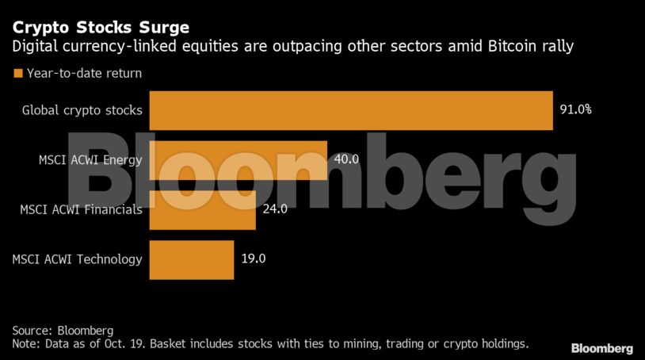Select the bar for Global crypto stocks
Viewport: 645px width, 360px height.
tap(350, 110)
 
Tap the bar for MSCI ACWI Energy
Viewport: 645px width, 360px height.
tap(238, 160)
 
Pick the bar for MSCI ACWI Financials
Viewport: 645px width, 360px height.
tap(202, 209)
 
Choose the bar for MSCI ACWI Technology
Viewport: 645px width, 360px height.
tap(191, 259)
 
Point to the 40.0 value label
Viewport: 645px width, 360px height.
tap(346, 159)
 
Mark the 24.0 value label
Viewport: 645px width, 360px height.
tap(274, 209)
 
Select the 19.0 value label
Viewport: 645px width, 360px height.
tap(253, 259)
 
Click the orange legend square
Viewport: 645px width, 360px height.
tap(17, 74)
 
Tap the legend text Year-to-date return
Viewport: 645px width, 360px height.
tap(84, 74)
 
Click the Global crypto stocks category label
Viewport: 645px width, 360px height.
tap(82, 110)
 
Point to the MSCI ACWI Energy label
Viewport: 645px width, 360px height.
tap(90, 160)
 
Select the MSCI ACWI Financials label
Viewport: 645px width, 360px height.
tap(82, 209)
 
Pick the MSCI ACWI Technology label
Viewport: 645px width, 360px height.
tap(78, 259)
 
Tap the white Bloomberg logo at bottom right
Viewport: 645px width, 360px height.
tap(602, 348)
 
